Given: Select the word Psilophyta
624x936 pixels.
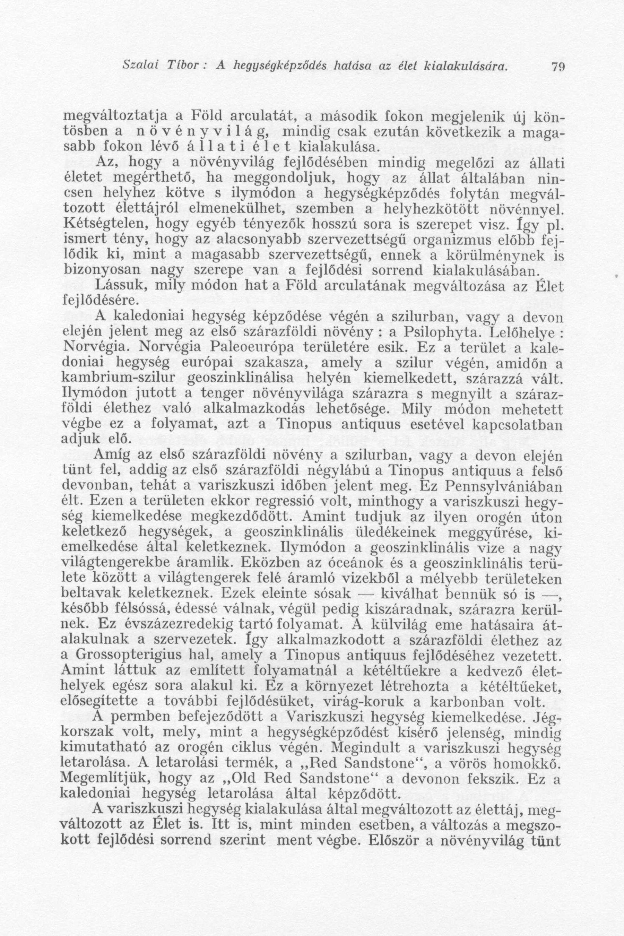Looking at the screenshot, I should click(436, 331).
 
